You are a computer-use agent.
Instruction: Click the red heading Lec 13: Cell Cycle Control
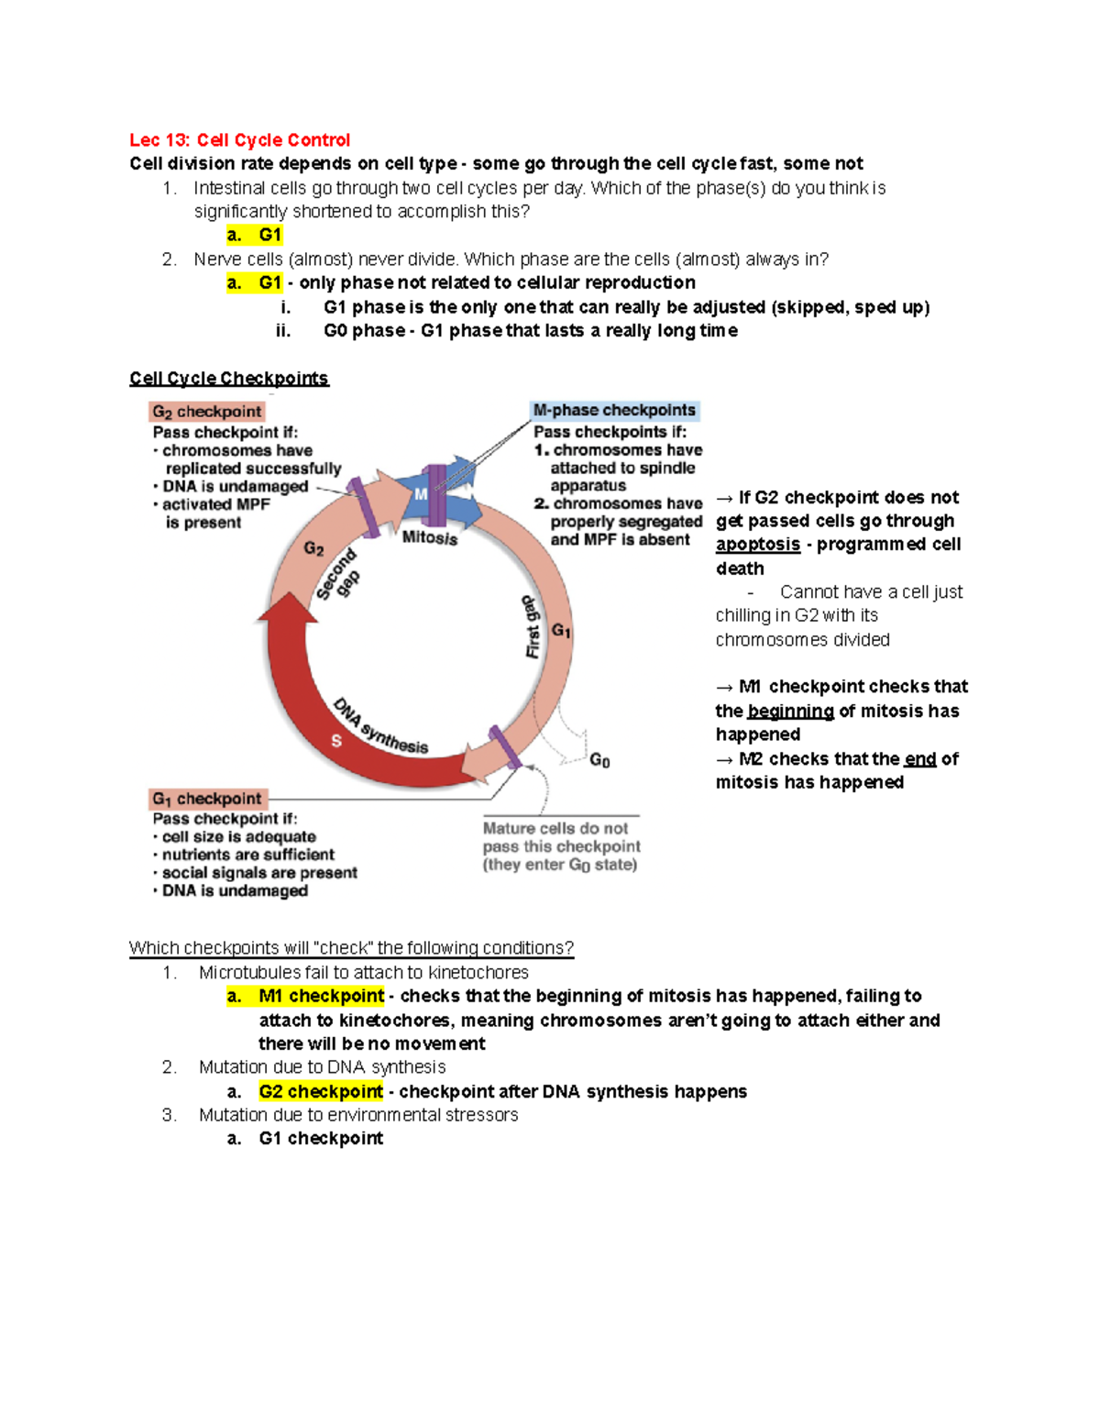tap(239, 140)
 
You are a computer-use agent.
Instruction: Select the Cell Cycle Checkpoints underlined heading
tap(228, 378)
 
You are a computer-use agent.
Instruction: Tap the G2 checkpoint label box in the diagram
tap(207, 412)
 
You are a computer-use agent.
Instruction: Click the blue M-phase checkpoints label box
tap(614, 410)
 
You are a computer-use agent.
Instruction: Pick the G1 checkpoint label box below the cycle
tap(207, 799)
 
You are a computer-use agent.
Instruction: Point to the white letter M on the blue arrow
tap(421, 494)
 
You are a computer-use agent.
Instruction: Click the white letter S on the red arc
tap(336, 740)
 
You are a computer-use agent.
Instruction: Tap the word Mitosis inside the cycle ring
tap(430, 537)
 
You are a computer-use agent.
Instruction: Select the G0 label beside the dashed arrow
tap(599, 760)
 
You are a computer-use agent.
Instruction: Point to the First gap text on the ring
tap(532, 626)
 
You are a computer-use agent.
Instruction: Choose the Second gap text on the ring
tap(337, 575)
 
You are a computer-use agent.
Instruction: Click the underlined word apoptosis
tap(757, 545)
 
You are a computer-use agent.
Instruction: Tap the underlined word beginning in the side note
tap(790, 711)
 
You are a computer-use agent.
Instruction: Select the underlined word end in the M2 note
tap(919, 759)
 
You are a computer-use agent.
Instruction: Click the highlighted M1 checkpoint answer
tap(321, 997)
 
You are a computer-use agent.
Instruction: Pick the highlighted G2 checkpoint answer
tap(321, 1091)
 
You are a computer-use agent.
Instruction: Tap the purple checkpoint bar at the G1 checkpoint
tap(505, 747)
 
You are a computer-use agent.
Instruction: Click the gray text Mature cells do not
tap(555, 828)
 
